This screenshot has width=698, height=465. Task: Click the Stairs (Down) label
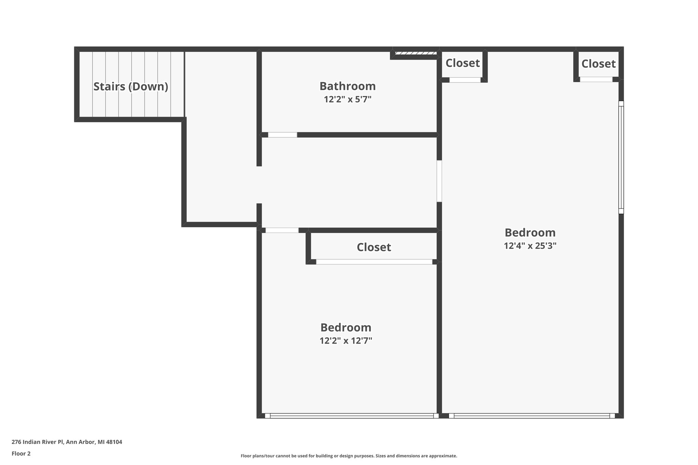coord(131,87)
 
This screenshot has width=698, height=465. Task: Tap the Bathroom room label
coord(347,86)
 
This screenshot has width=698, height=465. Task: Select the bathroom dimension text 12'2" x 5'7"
coord(347,99)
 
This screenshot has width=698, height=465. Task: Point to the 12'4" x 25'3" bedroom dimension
coord(530,246)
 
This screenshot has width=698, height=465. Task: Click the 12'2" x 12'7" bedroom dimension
coord(346,341)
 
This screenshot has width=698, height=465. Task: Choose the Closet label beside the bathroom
coord(462,63)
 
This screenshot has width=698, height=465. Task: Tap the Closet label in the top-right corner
coord(598,64)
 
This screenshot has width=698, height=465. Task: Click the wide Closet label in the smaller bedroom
coord(374,247)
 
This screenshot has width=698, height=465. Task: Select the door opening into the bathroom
coord(282,135)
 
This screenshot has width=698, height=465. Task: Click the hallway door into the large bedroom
coord(439,181)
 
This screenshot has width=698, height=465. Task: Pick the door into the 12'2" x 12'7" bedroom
coord(282,230)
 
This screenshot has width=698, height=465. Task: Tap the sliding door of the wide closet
coord(374,262)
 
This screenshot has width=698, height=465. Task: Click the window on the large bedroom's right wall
coord(621,157)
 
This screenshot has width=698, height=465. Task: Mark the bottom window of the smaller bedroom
coord(351,416)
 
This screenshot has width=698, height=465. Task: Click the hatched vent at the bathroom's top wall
coord(415,53)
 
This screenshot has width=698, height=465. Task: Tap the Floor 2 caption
coord(21,454)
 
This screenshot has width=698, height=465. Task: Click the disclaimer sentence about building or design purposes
coord(349,456)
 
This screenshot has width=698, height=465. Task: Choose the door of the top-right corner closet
coord(596,79)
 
